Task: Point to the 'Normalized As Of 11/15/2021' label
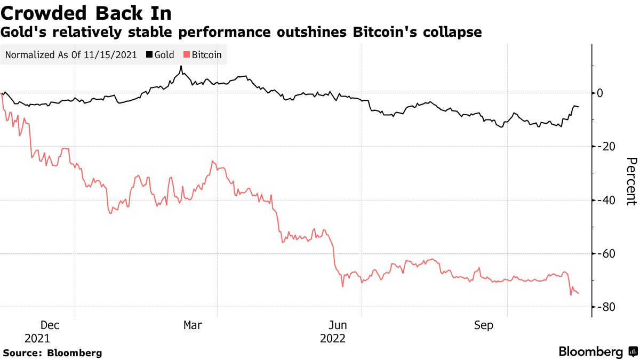[71, 54]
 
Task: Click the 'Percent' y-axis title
[631, 181]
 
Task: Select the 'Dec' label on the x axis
[50, 325]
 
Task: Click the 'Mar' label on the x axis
[192, 325]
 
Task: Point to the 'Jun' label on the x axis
[338, 325]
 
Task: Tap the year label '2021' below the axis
[38, 339]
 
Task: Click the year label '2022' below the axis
[333, 339]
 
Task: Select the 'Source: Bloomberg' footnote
[52, 353]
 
